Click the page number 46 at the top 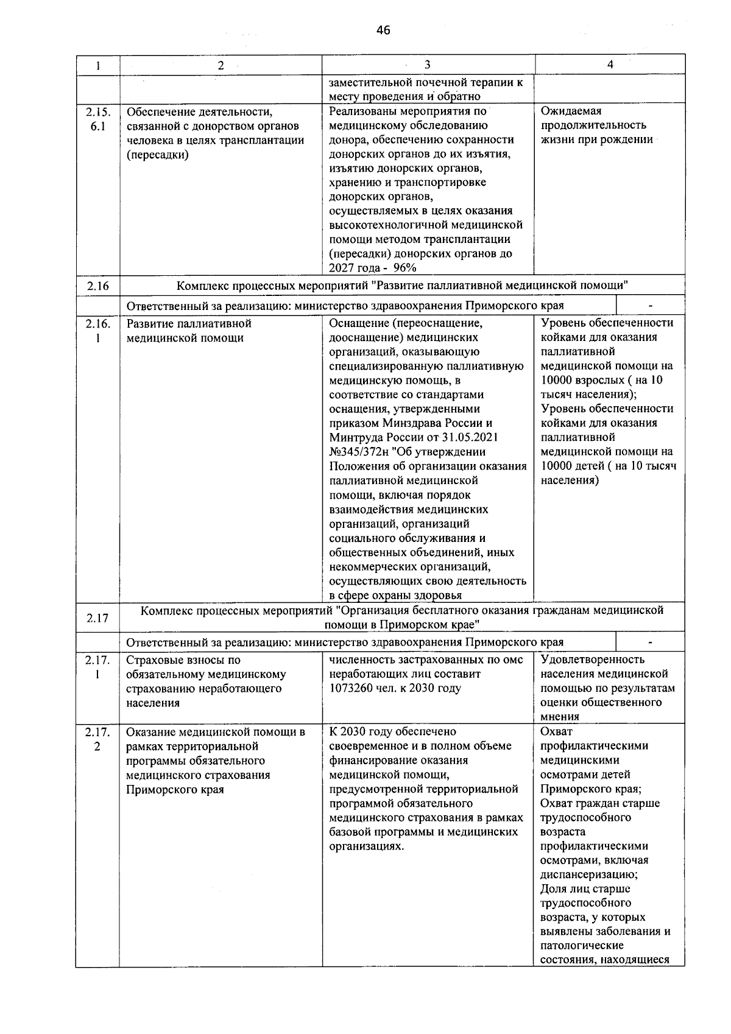pos(383,30)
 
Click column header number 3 pos(427,65)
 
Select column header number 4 pos(610,65)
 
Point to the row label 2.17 pos(97,618)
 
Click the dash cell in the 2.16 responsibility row pos(650,306)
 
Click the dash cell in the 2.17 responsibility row pos(650,642)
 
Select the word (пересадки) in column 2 pos(158,155)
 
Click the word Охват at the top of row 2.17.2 pos(556,732)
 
